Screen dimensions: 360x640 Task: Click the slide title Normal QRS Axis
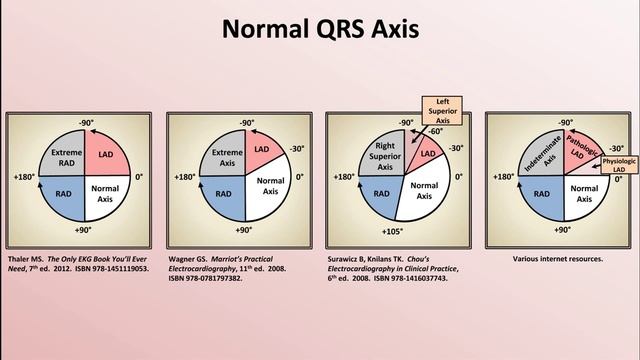coord(320,31)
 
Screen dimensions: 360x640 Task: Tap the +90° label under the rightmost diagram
coord(562,229)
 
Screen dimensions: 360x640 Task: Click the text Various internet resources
coord(557,258)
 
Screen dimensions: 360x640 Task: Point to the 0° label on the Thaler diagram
coord(139,176)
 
